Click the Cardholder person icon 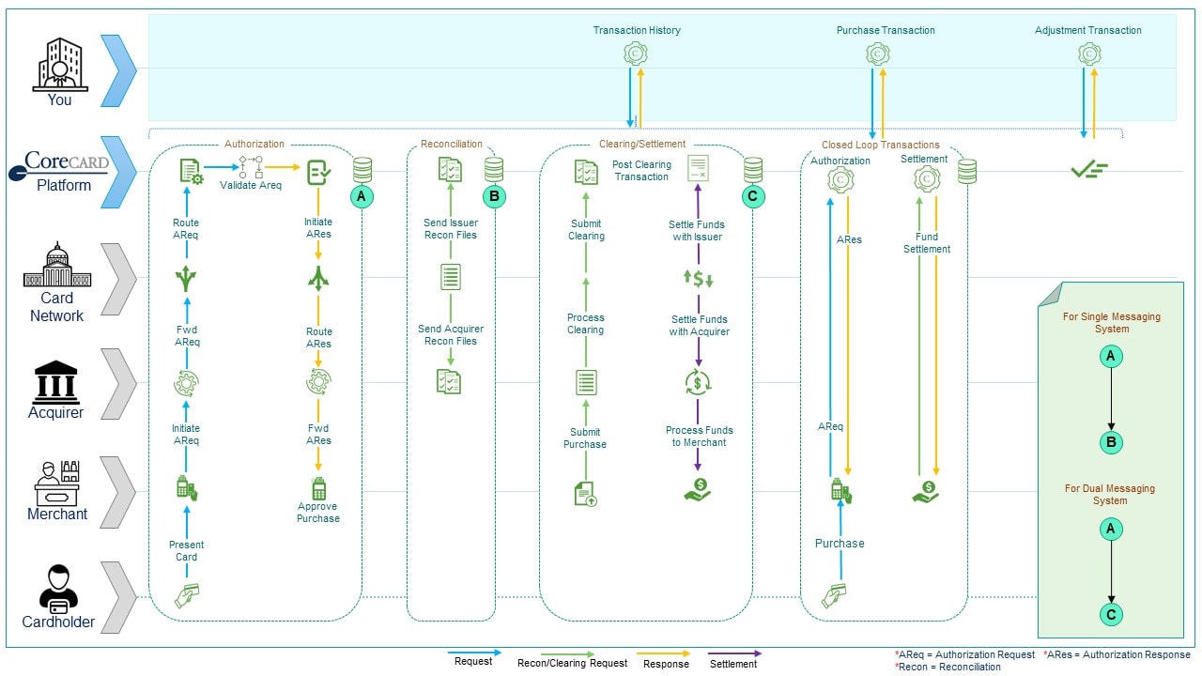click(x=58, y=589)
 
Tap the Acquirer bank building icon click(x=56, y=381)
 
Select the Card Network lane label click(x=57, y=307)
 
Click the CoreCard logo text click(x=67, y=161)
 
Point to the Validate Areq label click(x=251, y=185)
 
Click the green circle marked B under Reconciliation click(x=494, y=196)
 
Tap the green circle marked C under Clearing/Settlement click(x=752, y=196)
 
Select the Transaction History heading click(x=637, y=31)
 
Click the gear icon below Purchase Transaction click(x=878, y=54)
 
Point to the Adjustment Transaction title click(x=1087, y=31)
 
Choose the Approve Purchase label click(x=317, y=513)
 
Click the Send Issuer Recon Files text click(x=450, y=228)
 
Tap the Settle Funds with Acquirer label click(x=700, y=326)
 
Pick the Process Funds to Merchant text click(x=700, y=437)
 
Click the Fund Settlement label click(x=927, y=243)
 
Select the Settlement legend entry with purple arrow click(x=733, y=659)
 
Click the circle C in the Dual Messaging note click(x=1111, y=615)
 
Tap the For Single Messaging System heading click(x=1111, y=323)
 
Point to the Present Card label click(x=186, y=551)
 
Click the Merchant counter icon click(x=57, y=483)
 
